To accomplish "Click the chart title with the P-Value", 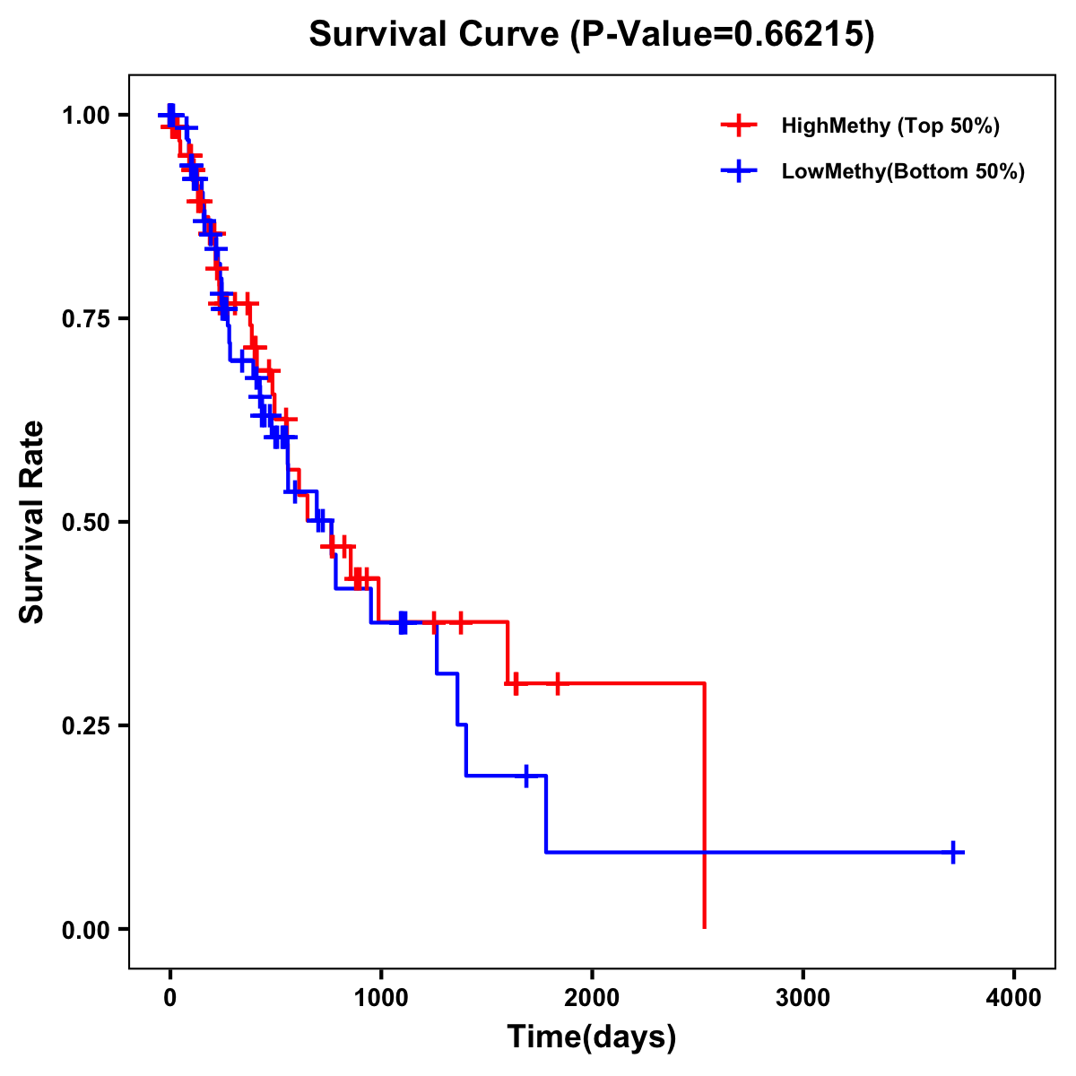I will point(592,34).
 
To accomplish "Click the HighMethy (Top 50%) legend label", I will point(890,126).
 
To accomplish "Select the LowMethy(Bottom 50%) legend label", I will point(903,171).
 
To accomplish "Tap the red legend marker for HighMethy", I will point(739,126).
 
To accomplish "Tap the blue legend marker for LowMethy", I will point(739,171).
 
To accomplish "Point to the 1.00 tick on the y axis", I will point(85,116).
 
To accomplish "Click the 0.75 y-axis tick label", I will point(85,319).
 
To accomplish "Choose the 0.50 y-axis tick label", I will point(85,523).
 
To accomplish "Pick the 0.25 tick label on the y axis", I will point(85,726).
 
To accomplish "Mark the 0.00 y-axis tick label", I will point(85,930).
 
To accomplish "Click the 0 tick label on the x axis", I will point(169,999).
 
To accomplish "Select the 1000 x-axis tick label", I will point(380,999).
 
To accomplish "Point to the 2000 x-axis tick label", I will point(592,999).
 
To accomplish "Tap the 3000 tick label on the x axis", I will point(803,999).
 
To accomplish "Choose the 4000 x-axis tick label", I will point(1014,999).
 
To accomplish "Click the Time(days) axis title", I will point(592,1037).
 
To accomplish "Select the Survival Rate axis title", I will point(33,522).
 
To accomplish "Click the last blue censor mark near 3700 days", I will point(955,852).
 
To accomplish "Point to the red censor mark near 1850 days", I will point(557,684).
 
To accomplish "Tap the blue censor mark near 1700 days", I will point(526,776).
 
